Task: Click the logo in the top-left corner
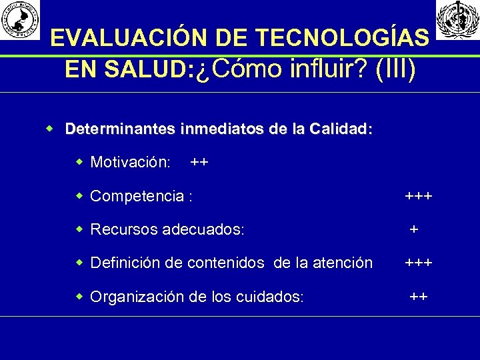(x=20, y=19)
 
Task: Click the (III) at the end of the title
(x=396, y=69)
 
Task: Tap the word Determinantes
(x=121, y=129)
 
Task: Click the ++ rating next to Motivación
(x=199, y=162)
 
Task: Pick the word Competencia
(x=138, y=196)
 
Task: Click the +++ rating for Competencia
(x=419, y=196)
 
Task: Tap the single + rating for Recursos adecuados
(x=414, y=229)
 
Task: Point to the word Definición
(x=125, y=263)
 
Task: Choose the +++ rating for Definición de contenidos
(x=419, y=263)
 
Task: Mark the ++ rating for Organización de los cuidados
(x=419, y=297)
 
